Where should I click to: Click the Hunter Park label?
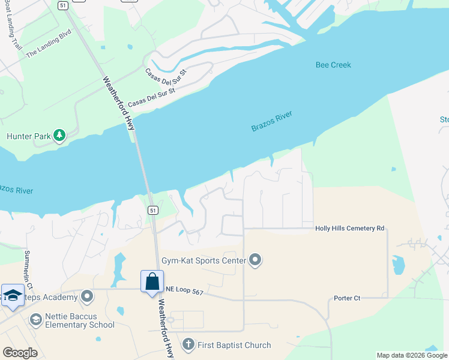(x=28, y=136)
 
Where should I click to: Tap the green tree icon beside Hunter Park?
(x=59, y=136)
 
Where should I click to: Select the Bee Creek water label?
(x=333, y=65)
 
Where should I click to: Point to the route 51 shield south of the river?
(x=153, y=210)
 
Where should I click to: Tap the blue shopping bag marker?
(x=152, y=281)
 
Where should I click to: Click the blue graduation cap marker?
(x=12, y=295)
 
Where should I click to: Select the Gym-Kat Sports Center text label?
(x=204, y=260)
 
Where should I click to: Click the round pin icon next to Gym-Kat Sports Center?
(x=256, y=260)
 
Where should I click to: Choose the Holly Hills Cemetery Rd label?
(x=349, y=229)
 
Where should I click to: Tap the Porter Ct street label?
(x=347, y=298)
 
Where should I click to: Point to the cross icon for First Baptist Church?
(x=188, y=344)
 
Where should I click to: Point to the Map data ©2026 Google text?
(x=412, y=355)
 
